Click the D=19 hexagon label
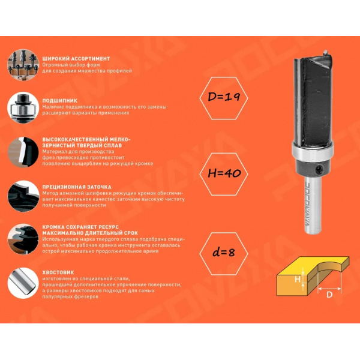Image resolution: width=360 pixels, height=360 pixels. pyautogui.click(x=224, y=98)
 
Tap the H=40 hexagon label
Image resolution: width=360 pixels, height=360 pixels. pyautogui.click(x=224, y=174)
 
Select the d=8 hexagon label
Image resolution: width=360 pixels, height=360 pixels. pyautogui.click(x=224, y=253)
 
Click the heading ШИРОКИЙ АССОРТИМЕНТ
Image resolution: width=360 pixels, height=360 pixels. pyautogui.click(x=76, y=59)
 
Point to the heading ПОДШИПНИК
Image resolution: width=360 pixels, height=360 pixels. pyautogui.click(x=59, y=101)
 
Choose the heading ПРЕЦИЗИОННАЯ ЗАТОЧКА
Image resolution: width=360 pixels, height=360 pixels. pyautogui.click(x=77, y=187)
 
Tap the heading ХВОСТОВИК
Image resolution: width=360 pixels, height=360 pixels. pyautogui.click(x=58, y=272)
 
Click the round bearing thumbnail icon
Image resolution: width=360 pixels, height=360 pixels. pyautogui.click(x=23, y=107)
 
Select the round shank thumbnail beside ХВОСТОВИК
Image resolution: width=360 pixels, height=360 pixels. pyautogui.click(x=23, y=283)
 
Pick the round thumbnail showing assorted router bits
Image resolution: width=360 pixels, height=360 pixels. pyautogui.click(x=23, y=65)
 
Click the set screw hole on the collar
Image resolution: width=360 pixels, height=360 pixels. pyautogui.click(x=319, y=169)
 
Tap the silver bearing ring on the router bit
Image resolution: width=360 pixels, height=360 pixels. pyautogui.click(x=313, y=151)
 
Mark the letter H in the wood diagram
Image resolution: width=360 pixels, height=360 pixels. pyautogui.click(x=298, y=280)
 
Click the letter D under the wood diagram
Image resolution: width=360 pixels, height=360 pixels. pyautogui.click(x=329, y=295)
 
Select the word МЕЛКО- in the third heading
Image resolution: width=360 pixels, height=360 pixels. pyautogui.click(x=120, y=140)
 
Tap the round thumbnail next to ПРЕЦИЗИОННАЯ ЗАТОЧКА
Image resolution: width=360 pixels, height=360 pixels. pyautogui.click(x=23, y=196)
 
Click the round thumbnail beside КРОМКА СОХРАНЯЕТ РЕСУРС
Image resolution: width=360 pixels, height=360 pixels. pyautogui.click(x=23, y=239)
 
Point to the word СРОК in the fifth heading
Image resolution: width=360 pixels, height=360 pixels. pyautogui.click(x=130, y=233)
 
